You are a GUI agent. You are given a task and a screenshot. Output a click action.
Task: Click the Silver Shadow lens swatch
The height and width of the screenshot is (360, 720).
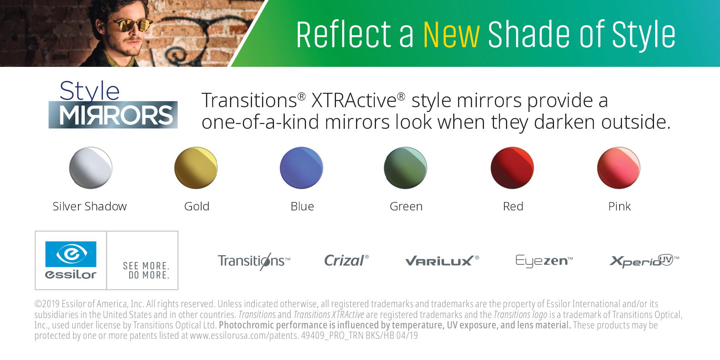91,168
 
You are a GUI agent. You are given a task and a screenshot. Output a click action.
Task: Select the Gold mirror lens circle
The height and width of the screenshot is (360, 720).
196,168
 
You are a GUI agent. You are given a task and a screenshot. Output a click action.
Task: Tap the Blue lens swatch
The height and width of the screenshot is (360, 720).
301,168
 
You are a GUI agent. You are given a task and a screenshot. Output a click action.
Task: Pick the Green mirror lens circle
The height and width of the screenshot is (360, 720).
406,168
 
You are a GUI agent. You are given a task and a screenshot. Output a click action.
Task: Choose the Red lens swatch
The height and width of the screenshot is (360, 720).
512,168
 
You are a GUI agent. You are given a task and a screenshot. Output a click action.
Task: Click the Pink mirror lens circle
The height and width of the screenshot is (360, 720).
619,168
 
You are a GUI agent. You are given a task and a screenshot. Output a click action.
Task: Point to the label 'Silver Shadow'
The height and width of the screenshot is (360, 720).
90,206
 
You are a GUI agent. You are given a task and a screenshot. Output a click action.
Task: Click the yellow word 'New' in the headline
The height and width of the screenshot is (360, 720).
451,34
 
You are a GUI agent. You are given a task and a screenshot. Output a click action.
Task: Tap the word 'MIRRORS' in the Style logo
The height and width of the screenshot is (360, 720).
116,115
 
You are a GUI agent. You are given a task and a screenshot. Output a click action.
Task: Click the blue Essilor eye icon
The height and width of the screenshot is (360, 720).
71,254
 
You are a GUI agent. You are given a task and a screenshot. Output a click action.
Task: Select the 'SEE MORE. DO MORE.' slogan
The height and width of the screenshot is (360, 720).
146,271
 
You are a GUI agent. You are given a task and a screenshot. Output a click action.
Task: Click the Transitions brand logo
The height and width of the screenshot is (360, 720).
254,261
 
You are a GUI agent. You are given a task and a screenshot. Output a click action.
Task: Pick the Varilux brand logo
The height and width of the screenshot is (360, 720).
442,261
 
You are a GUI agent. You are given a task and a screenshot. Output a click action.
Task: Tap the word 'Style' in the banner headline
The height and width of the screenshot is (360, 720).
644,34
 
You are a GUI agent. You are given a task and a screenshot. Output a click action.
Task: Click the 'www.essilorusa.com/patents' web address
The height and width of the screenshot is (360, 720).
244,336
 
